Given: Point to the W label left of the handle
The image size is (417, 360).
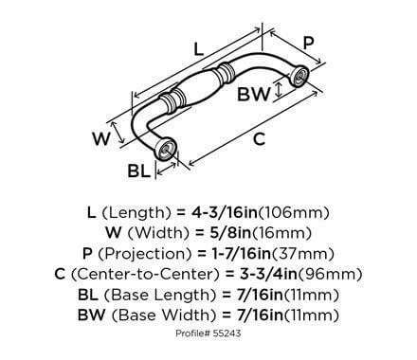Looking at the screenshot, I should (x=98, y=139).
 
